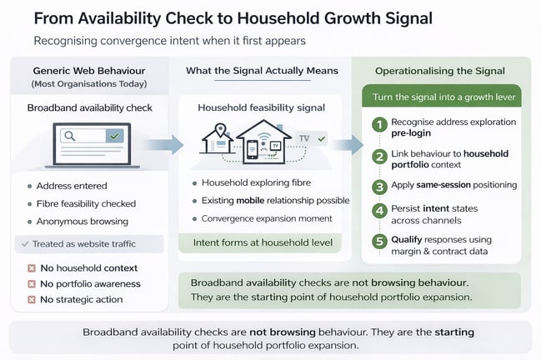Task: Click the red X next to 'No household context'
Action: [31, 268]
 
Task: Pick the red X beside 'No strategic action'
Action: [31, 299]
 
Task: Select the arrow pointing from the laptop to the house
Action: [170, 146]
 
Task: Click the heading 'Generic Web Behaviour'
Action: [89, 70]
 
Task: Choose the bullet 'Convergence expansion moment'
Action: [266, 218]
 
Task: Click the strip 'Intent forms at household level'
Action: [262, 243]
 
